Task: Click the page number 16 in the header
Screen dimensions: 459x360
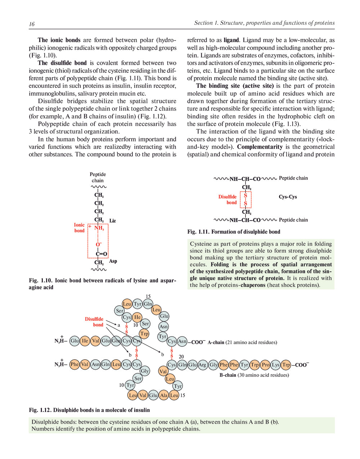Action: point(32,24)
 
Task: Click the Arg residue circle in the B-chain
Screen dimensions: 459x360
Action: point(202,365)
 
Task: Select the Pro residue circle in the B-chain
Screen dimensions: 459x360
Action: point(265,365)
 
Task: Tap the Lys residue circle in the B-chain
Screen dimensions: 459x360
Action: point(275,365)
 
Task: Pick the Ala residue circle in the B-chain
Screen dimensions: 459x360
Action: point(164,395)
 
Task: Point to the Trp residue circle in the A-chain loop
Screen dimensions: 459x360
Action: point(144,334)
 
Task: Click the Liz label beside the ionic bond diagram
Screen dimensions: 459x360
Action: point(113,221)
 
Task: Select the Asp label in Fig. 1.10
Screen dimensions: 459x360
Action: point(113,261)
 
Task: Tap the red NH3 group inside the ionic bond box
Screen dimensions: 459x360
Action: point(99,228)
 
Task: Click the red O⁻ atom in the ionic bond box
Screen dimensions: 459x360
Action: point(98,245)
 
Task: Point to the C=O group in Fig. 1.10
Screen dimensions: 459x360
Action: point(101,254)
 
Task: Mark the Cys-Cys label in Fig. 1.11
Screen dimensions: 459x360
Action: point(288,197)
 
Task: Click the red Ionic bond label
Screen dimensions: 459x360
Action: point(79,228)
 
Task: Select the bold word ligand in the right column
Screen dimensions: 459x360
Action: point(231,40)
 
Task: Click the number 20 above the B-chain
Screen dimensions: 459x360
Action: point(181,357)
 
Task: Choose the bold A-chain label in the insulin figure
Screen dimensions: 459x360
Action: point(216,342)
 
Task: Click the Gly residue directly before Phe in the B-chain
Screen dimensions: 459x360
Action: point(213,365)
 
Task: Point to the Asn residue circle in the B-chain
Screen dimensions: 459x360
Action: point(95,364)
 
